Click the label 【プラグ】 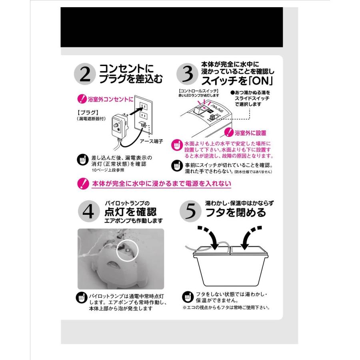[87, 112]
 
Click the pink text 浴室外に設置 [251, 132]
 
